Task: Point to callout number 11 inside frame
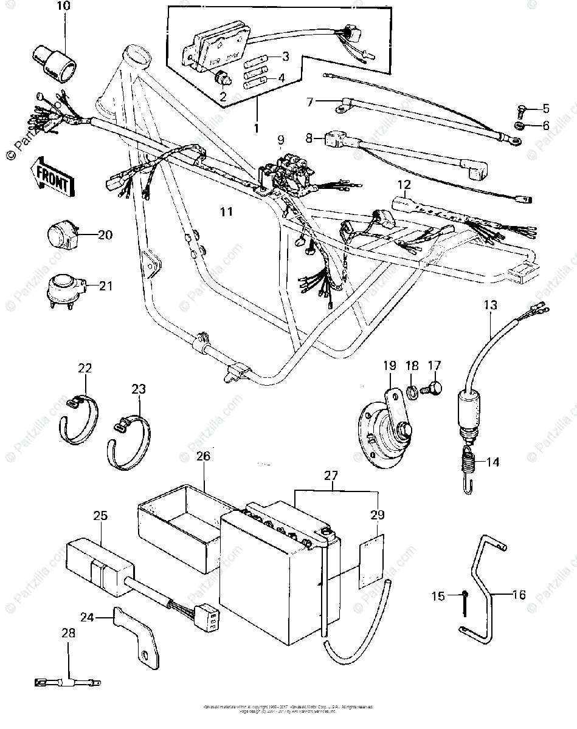[x=226, y=211]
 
